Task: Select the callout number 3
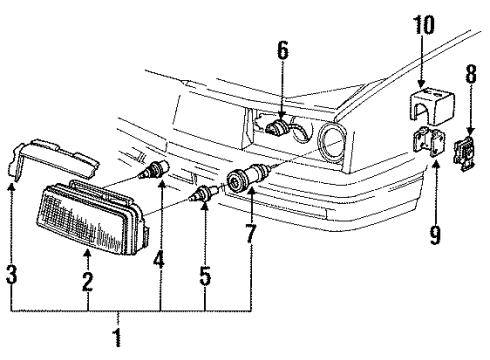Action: pyautogui.click(x=11, y=274)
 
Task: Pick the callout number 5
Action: pyautogui.click(x=205, y=273)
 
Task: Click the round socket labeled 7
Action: pyautogui.click(x=244, y=181)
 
